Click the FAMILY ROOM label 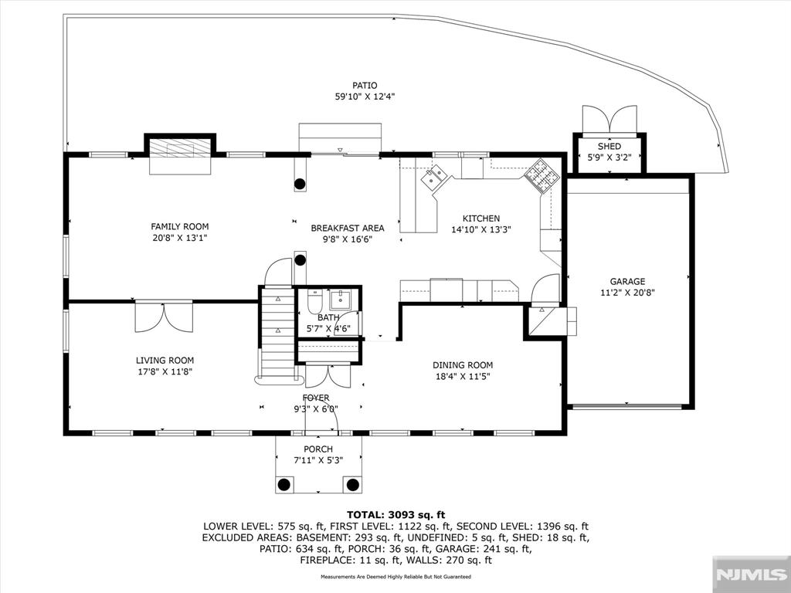point(179,227)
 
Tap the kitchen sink point(434,177)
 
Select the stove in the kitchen point(541,177)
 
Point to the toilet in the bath point(315,301)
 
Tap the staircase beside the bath point(277,333)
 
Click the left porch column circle point(284,485)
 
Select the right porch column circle point(352,485)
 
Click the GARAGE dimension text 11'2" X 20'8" point(627,293)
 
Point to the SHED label point(609,146)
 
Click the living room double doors point(164,317)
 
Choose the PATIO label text point(365,86)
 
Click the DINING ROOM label point(463,365)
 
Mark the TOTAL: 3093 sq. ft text point(396,515)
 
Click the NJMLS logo point(751,574)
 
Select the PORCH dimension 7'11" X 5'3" point(318,460)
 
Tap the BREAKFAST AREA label point(348,228)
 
